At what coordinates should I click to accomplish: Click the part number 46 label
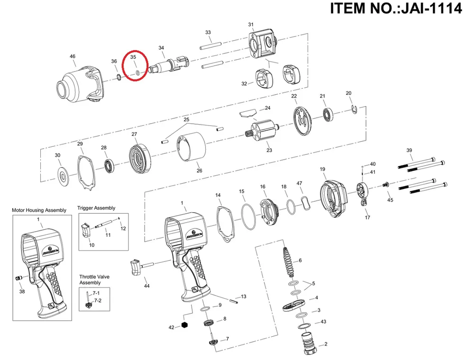[x=73, y=57]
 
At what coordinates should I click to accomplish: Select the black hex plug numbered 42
[x=185, y=325]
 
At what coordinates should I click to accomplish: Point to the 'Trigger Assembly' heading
[x=96, y=208]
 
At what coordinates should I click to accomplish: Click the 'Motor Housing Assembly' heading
[x=39, y=210]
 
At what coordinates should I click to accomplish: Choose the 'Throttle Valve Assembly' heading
[x=90, y=279]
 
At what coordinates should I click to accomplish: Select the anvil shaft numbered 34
[x=168, y=63]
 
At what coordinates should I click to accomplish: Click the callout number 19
[x=322, y=169]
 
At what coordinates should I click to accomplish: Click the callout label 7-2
[x=97, y=301]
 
